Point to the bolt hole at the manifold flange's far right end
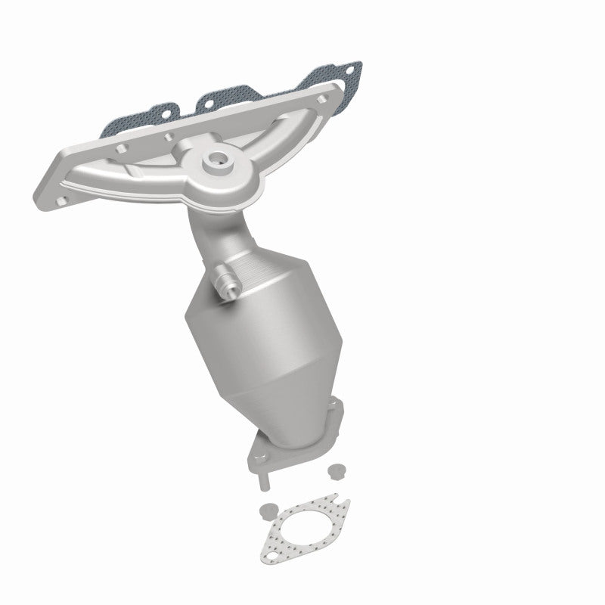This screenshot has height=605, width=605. coord(323,99)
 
